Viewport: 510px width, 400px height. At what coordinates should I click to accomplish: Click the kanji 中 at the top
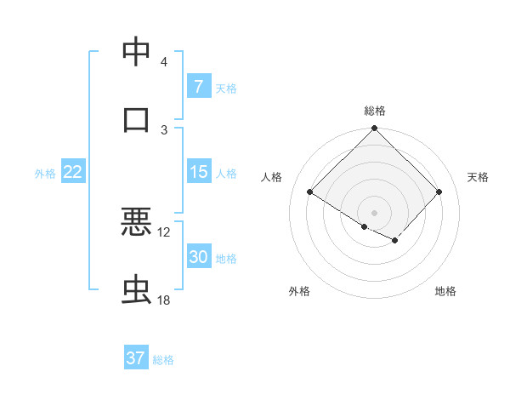click(x=136, y=51)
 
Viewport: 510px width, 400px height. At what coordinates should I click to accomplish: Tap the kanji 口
click(x=136, y=118)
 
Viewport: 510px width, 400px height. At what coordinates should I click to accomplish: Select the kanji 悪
click(x=136, y=221)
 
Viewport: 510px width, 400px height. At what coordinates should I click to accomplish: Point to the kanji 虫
click(x=136, y=290)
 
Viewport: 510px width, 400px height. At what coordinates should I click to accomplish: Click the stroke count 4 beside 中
click(x=163, y=62)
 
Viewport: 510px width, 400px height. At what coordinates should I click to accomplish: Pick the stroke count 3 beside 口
click(x=163, y=129)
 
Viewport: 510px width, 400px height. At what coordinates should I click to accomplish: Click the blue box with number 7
click(x=198, y=86)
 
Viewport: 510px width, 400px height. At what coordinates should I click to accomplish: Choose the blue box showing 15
click(x=198, y=172)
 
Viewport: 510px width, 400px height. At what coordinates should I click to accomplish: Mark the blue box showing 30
click(x=198, y=258)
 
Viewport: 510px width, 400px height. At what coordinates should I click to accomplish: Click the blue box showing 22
click(x=72, y=172)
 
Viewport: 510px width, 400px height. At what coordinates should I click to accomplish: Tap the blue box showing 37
click(x=136, y=358)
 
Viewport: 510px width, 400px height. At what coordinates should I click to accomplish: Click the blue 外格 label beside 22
click(x=45, y=174)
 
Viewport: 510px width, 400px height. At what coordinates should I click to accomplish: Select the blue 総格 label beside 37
click(x=163, y=360)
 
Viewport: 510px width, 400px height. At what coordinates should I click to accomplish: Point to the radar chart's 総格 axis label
click(x=375, y=111)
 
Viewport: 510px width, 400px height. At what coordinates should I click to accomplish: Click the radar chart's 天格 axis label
click(x=478, y=177)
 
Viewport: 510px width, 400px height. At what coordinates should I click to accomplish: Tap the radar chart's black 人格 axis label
click(x=272, y=177)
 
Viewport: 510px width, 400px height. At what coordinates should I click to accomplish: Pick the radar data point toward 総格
click(x=375, y=129)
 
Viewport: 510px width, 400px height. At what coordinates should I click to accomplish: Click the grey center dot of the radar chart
click(x=375, y=212)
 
